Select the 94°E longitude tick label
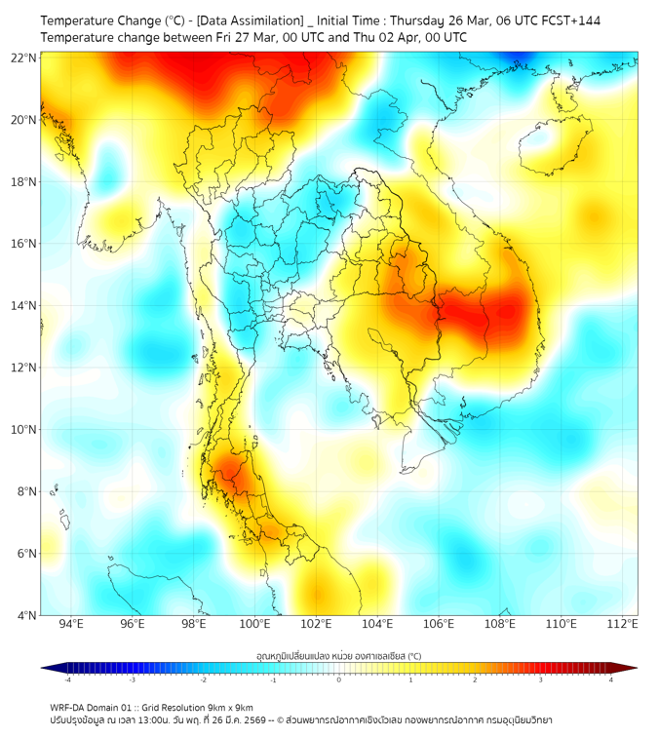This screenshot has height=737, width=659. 71,625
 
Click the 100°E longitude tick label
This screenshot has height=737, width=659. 254,625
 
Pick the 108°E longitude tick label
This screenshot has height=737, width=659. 500,625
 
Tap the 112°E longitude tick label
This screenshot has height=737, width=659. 622,625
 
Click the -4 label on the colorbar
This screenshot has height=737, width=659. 66,679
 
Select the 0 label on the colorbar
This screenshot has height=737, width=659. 339,679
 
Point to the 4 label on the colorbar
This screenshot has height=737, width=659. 611,679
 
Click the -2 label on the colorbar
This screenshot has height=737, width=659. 203,679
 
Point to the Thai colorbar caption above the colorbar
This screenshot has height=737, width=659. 338,656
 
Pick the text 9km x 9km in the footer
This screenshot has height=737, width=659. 230,708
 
